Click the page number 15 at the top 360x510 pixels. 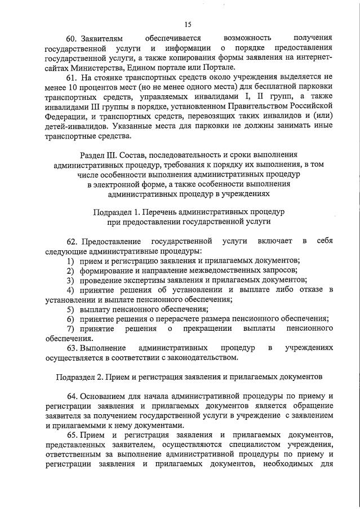tap(188, 24)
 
